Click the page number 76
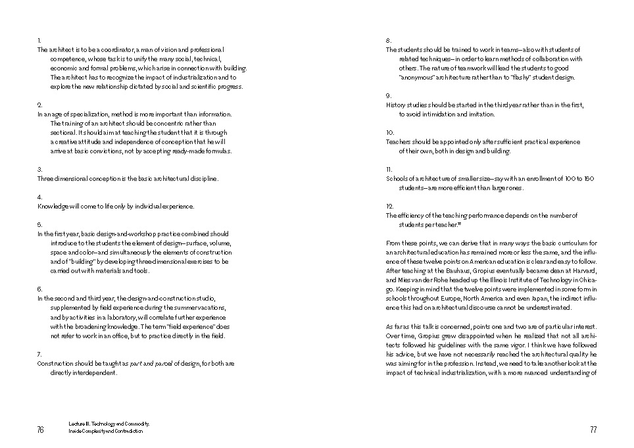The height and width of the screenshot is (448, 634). tap(40, 430)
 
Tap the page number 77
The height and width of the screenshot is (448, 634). tap(593, 430)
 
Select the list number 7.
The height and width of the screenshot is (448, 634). tap(39, 354)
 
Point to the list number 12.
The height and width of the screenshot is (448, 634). tap(389, 206)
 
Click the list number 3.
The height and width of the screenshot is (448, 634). tap(39, 169)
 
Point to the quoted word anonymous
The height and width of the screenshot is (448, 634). tap(418, 78)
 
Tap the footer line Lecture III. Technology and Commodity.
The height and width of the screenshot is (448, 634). tap(109, 424)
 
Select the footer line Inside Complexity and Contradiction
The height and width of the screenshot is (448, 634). tap(105, 432)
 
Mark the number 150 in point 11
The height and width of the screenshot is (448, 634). tap(589, 179)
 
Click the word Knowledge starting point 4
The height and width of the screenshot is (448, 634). tap(53, 207)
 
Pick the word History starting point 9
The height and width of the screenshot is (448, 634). tap(396, 105)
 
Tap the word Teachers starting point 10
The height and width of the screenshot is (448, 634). tap(399, 142)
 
